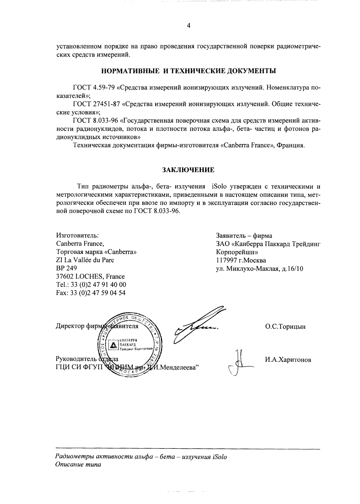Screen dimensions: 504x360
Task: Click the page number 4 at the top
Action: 188,26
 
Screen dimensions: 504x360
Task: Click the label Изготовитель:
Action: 77,236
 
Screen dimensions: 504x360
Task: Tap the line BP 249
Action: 66,268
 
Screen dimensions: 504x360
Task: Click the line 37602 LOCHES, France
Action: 90,276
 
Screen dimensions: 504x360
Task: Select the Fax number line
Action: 91,293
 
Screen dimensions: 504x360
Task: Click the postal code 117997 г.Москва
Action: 241,260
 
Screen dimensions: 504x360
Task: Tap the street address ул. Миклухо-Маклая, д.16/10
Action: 259,268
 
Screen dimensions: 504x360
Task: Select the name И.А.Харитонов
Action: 288,360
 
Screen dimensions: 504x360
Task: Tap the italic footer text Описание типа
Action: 78,465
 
